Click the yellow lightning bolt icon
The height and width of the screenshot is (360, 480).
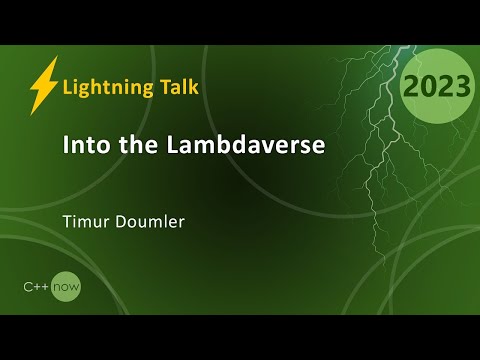[43, 86]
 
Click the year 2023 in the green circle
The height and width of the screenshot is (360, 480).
[436, 86]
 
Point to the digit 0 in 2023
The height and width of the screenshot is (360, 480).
[427, 86]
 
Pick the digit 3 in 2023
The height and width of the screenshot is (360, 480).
[460, 86]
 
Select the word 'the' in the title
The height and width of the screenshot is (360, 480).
[127, 145]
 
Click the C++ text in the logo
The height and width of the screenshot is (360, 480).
[38, 287]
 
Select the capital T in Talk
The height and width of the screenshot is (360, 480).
[160, 86]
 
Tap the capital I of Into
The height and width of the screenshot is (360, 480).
[65, 145]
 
